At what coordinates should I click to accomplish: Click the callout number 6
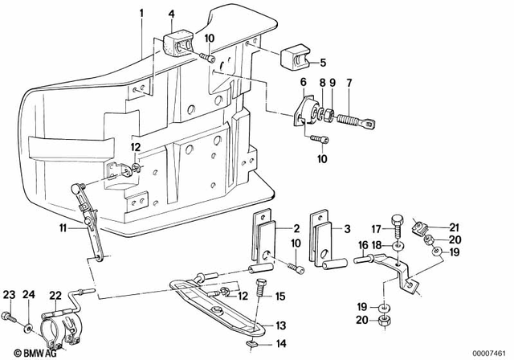(303, 82)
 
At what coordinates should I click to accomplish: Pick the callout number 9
(331, 82)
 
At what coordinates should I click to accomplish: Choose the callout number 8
(320, 82)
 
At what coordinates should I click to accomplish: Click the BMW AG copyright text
(31, 351)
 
